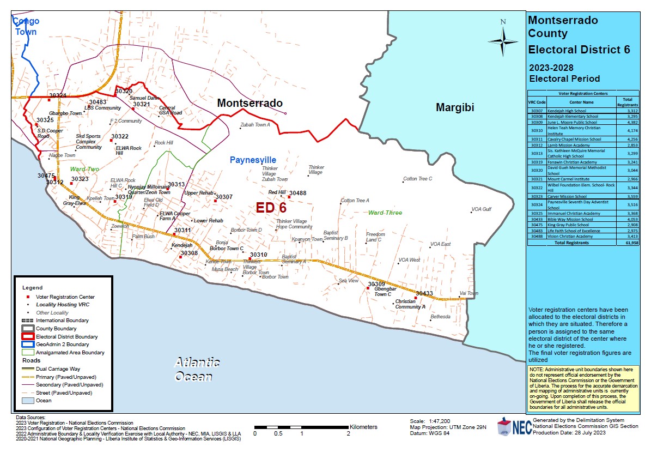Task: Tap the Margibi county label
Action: (455, 107)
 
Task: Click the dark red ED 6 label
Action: (271, 208)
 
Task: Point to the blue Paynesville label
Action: (253, 160)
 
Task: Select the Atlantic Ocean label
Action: (196, 370)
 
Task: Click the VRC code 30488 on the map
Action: (297, 193)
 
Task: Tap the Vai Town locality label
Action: (469, 293)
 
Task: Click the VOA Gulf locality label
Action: (481, 209)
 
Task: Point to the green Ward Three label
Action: (385, 213)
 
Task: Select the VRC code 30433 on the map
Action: (424, 293)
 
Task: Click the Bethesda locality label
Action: (440, 317)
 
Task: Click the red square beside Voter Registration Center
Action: (26, 296)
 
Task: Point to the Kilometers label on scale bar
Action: (363, 427)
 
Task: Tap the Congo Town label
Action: (26, 26)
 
